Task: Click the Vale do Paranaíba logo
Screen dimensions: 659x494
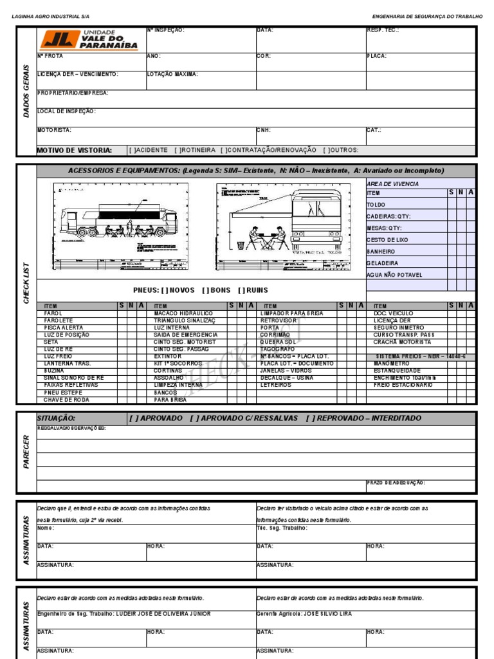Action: [x=89, y=40]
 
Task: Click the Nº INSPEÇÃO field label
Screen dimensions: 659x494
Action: [x=166, y=30]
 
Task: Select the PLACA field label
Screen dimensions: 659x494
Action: [x=376, y=56]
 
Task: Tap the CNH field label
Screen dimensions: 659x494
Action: [x=264, y=130]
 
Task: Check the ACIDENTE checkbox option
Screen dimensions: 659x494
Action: [x=149, y=150]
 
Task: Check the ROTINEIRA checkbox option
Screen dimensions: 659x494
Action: [x=195, y=150]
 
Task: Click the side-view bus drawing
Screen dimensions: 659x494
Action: [x=120, y=227]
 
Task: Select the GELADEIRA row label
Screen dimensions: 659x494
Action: [x=382, y=263]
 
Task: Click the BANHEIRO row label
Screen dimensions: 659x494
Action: [x=381, y=252]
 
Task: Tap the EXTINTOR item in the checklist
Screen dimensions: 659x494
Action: [x=167, y=357]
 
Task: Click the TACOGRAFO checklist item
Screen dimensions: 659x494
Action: [x=278, y=349]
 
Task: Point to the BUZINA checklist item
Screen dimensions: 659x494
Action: [x=54, y=371]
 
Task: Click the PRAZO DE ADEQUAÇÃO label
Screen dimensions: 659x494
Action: [x=396, y=483]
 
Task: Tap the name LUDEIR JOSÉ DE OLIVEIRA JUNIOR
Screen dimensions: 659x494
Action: [x=163, y=614]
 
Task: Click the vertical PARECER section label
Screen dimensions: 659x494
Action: [x=26, y=451]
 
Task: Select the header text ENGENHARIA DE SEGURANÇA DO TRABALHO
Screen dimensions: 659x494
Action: [x=427, y=15]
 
